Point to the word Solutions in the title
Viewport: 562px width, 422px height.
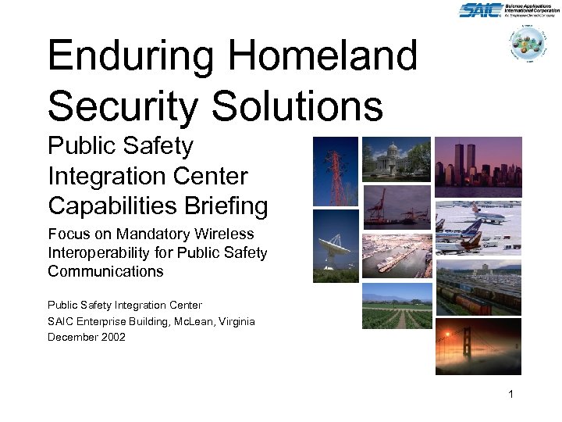click(297, 105)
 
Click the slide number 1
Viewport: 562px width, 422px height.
click(510, 395)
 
